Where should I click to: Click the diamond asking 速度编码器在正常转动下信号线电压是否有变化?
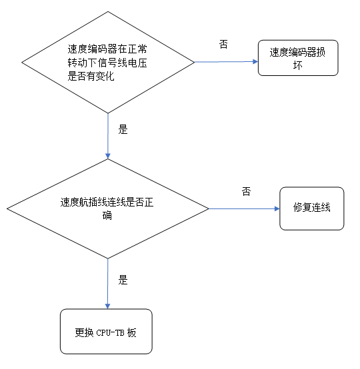pyautogui.click(x=108, y=63)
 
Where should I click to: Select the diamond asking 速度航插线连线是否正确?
pyautogui.click(x=108, y=208)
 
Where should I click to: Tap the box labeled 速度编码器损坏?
pyautogui.click(x=298, y=59)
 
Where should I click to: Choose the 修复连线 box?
pyautogui.click(x=312, y=208)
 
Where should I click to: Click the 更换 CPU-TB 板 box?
pyautogui.click(x=106, y=331)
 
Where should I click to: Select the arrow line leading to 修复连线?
pyautogui.click(x=243, y=208)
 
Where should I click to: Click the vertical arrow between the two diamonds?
pyautogui.click(x=108, y=136)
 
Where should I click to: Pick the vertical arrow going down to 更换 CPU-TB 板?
pyautogui.click(x=108, y=283)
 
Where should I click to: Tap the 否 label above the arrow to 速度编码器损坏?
pyautogui.click(x=223, y=44)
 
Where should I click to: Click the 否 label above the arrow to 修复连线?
pyautogui.click(x=246, y=191)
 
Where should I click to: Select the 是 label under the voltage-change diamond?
pyautogui.click(x=123, y=130)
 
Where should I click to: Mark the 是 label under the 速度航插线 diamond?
pyautogui.click(x=123, y=280)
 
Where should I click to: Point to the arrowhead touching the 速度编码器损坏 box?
pyautogui.click(x=255, y=62)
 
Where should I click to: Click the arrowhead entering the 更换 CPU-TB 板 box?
pyautogui.click(x=108, y=306)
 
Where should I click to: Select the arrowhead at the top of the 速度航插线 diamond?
pyautogui.click(x=108, y=156)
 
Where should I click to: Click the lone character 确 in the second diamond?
pyautogui.click(x=107, y=216)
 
